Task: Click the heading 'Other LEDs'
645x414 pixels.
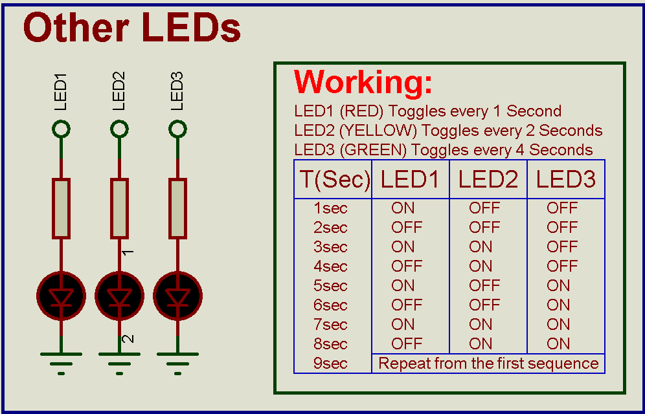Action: click(x=132, y=29)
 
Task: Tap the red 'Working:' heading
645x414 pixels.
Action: click(x=363, y=82)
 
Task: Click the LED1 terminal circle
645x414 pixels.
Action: click(x=61, y=129)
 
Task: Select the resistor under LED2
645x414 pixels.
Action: click(x=119, y=209)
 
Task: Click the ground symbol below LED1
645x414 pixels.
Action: click(x=61, y=360)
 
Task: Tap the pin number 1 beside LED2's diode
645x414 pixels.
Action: click(x=128, y=252)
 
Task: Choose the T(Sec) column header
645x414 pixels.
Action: click(x=334, y=180)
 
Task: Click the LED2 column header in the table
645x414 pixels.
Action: click(x=488, y=180)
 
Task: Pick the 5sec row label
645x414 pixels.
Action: click(x=330, y=286)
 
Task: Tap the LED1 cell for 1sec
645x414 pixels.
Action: click(x=403, y=208)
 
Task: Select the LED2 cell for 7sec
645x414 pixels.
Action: click(x=481, y=325)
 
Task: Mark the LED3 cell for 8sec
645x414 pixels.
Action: click(x=558, y=344)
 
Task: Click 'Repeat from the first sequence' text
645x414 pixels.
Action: click(x=488, y=364)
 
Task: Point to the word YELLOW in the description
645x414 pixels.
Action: click(x=385, y=131)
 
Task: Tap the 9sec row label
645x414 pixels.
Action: click(x=330, y=364)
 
